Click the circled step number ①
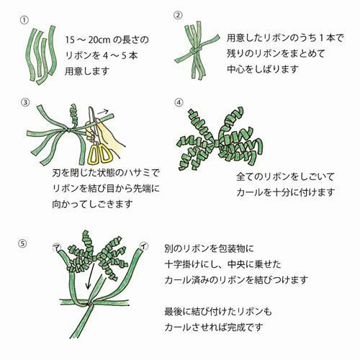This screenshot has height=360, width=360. [x=24, y=20]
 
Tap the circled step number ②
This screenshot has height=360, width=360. [x=178, y=15]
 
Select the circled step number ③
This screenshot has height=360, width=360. [x=25, y=103]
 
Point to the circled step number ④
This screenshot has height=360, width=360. [x=179, y=103]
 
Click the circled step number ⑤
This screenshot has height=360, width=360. [x=22, y=244]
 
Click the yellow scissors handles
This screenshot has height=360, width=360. [x=100, y=153]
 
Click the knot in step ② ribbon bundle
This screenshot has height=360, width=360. [x=195, y=50]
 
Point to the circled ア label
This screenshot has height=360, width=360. [x=56, y=247]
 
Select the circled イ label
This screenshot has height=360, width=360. [x=143, y=246]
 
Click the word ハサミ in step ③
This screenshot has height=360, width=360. [x=136, y=173]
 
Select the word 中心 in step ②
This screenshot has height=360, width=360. [x=236, y=69]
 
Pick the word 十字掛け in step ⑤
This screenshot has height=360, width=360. [x=183, y=264]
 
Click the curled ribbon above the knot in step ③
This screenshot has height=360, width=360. [x=73, y=115]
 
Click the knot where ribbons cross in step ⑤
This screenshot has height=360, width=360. [x=90, y=305]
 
